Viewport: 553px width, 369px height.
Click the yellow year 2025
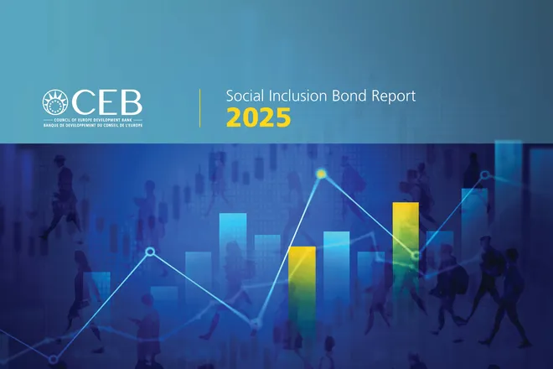click(259, 118)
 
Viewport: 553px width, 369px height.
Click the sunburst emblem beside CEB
click(57, 104)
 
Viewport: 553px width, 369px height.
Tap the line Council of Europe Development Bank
click(93, 122)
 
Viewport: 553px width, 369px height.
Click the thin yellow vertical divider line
click(200, 107)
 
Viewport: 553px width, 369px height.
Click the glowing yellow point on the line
click(321, 174)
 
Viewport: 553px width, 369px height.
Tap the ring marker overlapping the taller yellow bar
click(415, 255)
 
